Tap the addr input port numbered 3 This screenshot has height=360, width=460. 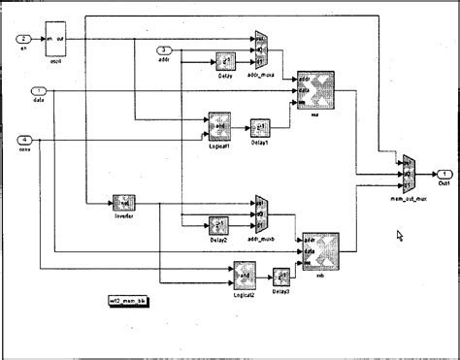(x=165, y=49)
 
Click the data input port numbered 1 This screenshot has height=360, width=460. (x=24, y=90)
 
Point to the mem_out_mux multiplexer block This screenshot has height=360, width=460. (x=408, y=174)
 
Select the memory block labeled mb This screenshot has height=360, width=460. (x=320, y=252)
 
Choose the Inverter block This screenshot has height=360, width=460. (x=123, y=202)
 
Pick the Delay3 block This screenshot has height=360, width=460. (x=282, y=276)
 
